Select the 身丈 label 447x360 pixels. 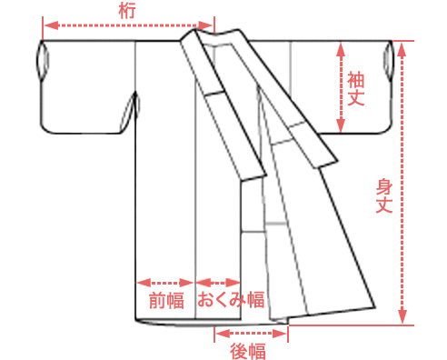[x=383, y=196]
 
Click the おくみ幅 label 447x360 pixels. [x=231, y=300]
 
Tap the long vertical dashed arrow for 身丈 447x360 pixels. [x=402, y=182]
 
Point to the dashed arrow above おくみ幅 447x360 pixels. [x=218, y=282]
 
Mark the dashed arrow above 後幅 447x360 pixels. [x=251, y=334]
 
